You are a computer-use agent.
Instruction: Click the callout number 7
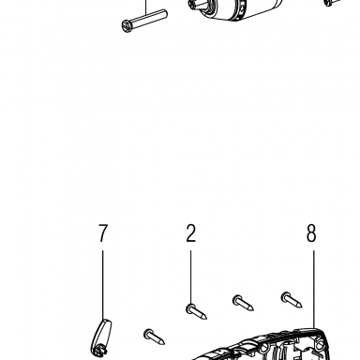pyautogui.click(x=103, y=233)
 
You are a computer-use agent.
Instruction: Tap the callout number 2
pyautogui.click(x=191, y=233)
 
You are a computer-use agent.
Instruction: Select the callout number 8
pyautogui.click(x=311, y=233)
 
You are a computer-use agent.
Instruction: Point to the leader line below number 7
pyautogui.click(x=103, y=285)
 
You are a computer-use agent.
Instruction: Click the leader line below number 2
pyautogui.click(x=190, y=277)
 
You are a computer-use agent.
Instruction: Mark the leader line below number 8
pyautogui.click(x=314, y=290)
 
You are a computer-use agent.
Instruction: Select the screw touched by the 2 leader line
pyautogui.click(x=196, y=312)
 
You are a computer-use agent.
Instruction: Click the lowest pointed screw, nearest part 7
pyautogui.click(x=155, y=337)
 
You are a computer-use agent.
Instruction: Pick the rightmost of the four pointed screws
pyautogui.click(x=292, y=300)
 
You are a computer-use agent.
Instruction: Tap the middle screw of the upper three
pyautogui.click(x=243, y=303)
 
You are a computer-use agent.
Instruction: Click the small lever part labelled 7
pyautogui.click(x=101, y=337)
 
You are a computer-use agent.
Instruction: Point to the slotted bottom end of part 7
pyautogui.click(x=98, y=352)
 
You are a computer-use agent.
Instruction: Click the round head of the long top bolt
pyautogui.click(x=126, y=25)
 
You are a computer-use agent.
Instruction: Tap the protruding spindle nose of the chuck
pyautogui.click(x=198, y=5)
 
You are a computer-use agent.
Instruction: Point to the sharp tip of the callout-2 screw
pyautogui.click(x=205, y=318)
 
